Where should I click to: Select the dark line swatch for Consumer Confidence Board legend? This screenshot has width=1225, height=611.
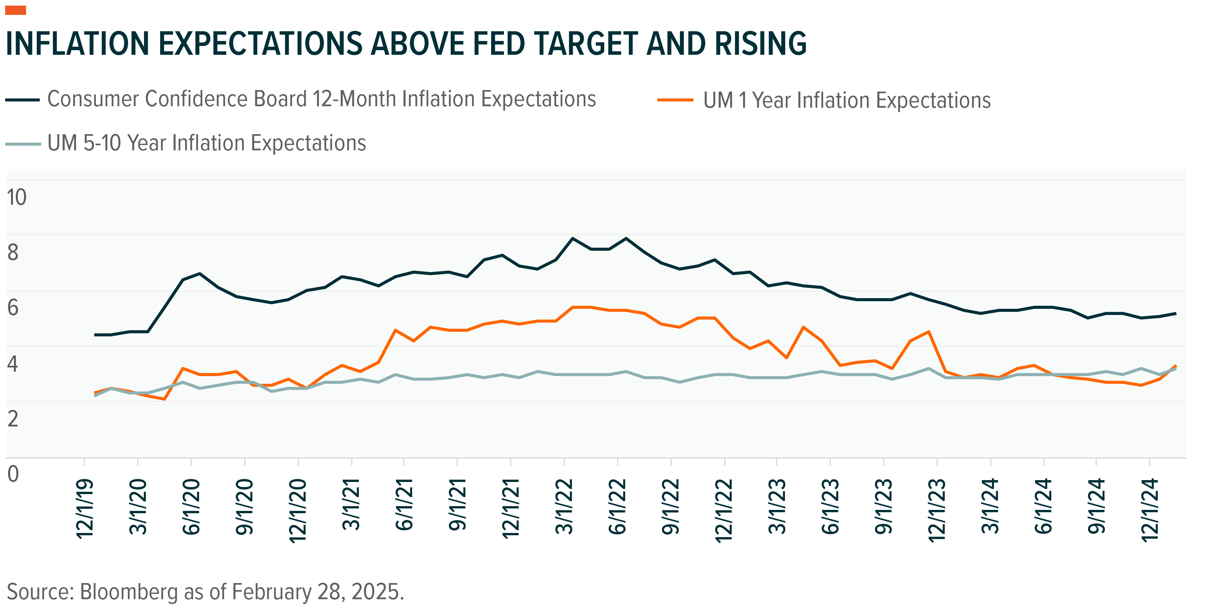tap(22, 100)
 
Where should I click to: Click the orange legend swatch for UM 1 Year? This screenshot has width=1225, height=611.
tap(675, 100)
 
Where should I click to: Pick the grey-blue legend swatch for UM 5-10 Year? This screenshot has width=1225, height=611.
tap(22, 144)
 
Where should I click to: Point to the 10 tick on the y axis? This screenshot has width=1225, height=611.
tap(17, 197)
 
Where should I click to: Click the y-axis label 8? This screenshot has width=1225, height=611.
tap(13, 252)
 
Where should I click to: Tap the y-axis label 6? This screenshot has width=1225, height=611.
tap(13, 307)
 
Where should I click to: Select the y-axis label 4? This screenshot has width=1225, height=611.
tap(13, 364)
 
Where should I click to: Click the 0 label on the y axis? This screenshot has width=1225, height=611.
tap(13, 474)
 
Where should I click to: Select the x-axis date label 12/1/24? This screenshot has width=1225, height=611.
tap(1150, 509)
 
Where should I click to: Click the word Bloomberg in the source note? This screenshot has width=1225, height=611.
tap(129, 592)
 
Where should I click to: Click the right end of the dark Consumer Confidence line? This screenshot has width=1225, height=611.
tap(1175, 314)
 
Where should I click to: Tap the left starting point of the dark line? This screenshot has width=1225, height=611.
tap(95, 335)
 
